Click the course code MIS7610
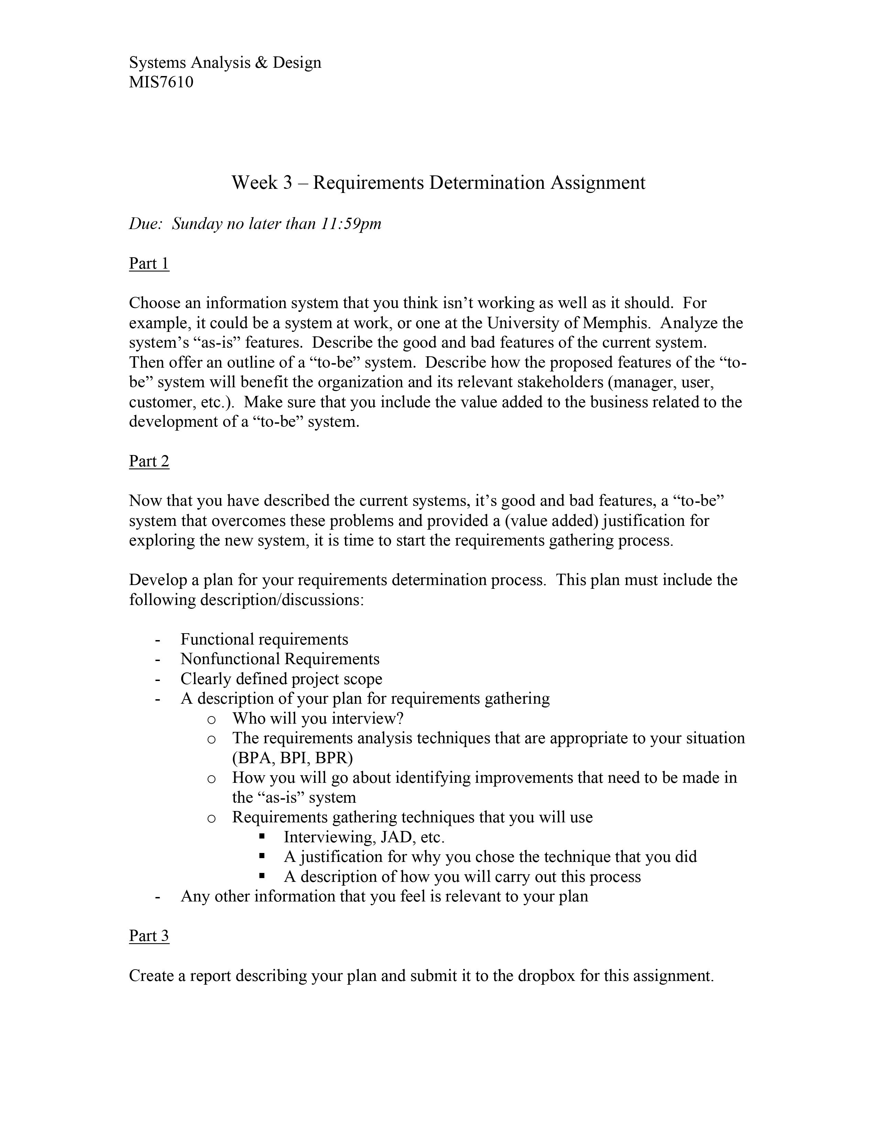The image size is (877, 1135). click(x=161, y=82)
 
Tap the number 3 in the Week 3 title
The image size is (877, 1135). click(x=287, y=183)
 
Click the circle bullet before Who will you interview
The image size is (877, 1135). click(x=211, y=720)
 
